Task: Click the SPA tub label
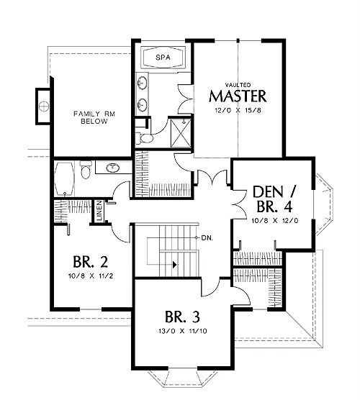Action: click(x=163, y=58)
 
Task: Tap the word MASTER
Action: click(x=238, y=96)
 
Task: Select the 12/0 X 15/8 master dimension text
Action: click(x=238, y=111)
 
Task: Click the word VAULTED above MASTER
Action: click(x=238, y=85)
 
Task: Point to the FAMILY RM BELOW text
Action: click(x=94, y=117)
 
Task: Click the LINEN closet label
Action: click(x=99, y=211)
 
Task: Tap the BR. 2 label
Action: click(x=91, y=262)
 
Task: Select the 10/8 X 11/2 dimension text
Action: click(x=91, y=276)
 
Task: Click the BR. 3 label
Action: click(x=182, y=317)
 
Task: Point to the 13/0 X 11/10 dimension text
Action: click(x=183, y=331)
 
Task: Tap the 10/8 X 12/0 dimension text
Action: click(x=275, y=220)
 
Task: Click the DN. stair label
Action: click(x=207, y=237)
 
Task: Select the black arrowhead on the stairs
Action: click(x=175, y=265)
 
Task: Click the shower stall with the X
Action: click(x=181, y=132)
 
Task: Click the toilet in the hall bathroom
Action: click(x=85, y=170)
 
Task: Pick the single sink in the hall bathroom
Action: click(x=112, y=168)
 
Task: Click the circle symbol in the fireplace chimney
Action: click(x=44, y=106)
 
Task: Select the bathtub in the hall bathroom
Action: click(x=65, y=179)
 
